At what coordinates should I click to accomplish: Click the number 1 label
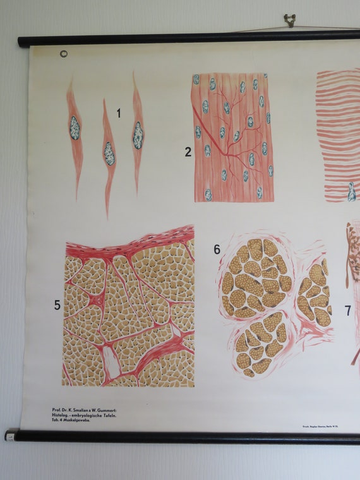click(118, 114)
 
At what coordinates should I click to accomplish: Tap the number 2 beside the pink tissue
click(188, 152)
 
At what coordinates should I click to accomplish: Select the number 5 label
click(57, 306)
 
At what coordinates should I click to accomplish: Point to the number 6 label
click(217, 249)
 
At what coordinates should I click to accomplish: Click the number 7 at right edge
click(347, 311)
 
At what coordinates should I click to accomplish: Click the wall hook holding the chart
click(290, 20)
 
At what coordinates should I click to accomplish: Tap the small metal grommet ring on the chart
click(63, 54)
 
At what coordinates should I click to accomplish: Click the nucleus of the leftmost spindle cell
click(75, 128)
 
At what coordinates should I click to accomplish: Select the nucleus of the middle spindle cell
click(109, 153)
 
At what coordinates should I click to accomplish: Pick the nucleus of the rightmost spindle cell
click(138, 136)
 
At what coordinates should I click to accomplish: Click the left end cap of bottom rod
click(11, 435)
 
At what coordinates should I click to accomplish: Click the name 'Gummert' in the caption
click(104, 410)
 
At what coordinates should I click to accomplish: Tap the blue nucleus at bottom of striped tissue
click(351, 192)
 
